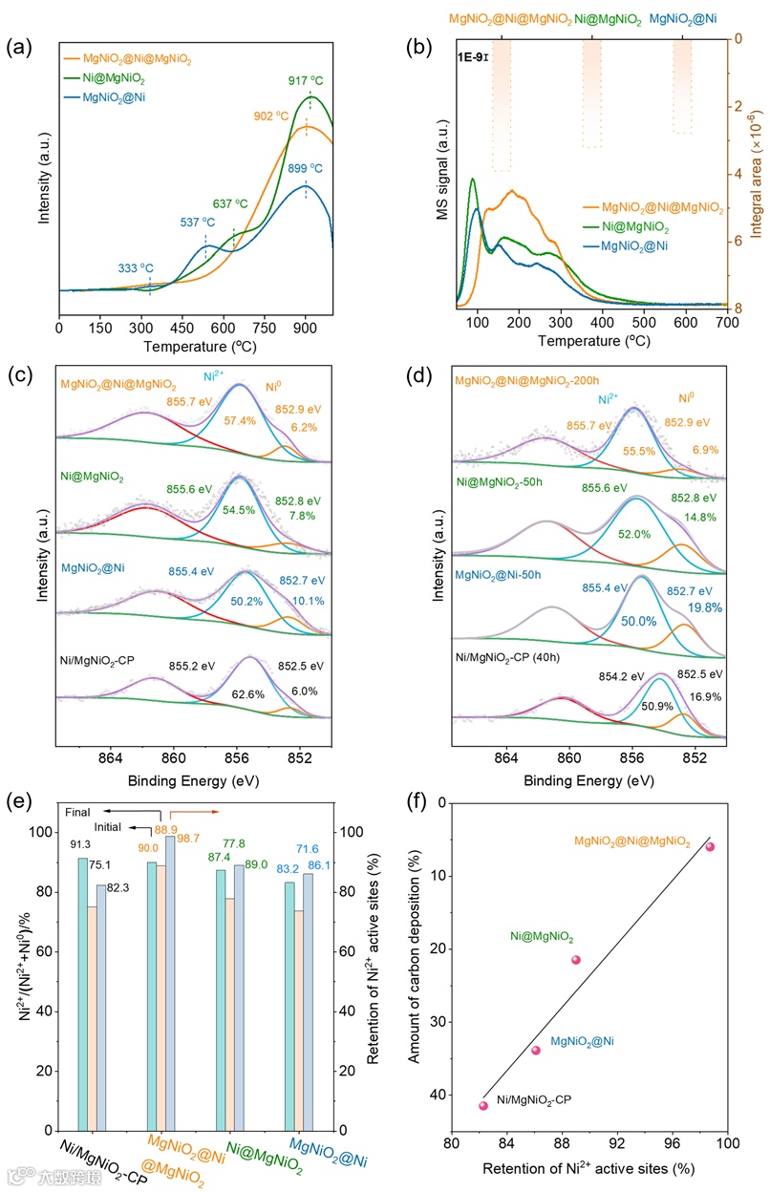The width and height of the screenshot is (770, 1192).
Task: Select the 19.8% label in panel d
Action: pos(688,607)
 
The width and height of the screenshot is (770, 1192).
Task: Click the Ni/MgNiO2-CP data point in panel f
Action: pos(483,1105)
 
